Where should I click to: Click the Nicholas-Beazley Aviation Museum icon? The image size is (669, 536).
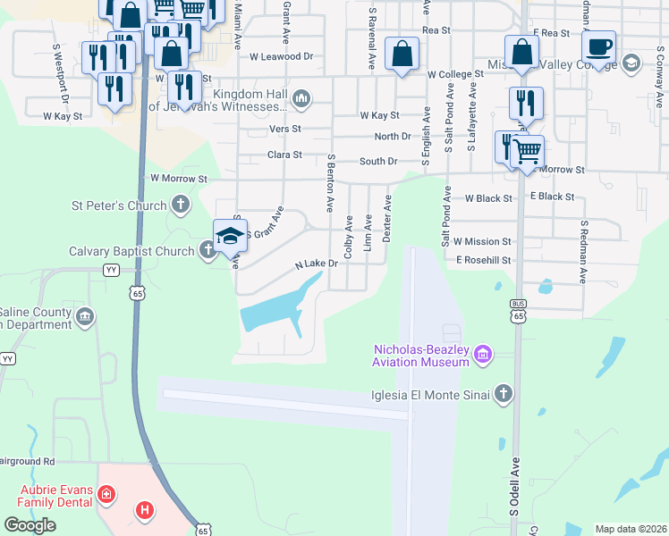pyautogui.click(x=483, y=356)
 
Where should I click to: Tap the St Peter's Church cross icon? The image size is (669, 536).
pyautogui.click(x=181, y=205)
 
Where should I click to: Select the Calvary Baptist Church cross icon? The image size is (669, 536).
pyautogui.click(x=207, y=251)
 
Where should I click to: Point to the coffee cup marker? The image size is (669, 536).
pyautogui.click(x=598, y=46)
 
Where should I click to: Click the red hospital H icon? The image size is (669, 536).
pyautogui.click(x=144, y=511)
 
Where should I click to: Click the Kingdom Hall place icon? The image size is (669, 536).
pyautogui.click(x=301, y=97)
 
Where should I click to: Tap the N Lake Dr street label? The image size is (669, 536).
pyautogui.click(x=317, y=264)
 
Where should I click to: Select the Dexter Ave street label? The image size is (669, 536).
pyautogui.click(x=387, y=220)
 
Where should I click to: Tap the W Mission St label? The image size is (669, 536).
pyautogui.click(x=482, y=241)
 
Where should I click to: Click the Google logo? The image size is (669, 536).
pyautogui.click(x=30, y=525)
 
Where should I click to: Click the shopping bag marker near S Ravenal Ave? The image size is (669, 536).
pyautogui.click(x=402, y=54)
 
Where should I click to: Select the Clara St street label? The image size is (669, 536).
pyautogui.click(x=285, y=155)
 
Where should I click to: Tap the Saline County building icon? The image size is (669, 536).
pyautogui.click(x=86, y=315)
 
